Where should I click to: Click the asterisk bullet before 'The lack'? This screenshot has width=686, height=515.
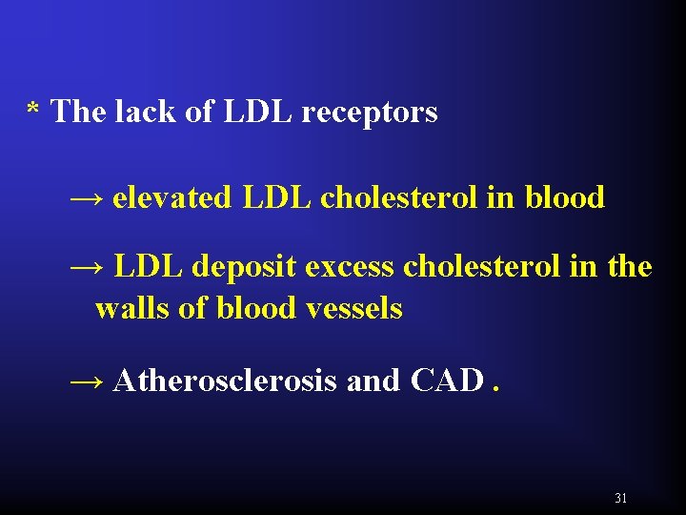pos(32,111)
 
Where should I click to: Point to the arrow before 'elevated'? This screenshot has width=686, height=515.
pos(88,198)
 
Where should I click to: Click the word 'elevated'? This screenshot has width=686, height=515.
pos(171,198)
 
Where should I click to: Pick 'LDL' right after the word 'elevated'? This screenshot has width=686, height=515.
pos(278,198)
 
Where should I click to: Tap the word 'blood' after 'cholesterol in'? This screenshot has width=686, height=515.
pos(565,198)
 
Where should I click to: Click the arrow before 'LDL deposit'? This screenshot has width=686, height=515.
pos(88,267)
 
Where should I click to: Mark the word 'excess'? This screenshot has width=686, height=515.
pos(350,268)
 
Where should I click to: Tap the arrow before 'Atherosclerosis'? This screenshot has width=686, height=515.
pos(88,381)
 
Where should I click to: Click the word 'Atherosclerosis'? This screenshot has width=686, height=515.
pos(225,381)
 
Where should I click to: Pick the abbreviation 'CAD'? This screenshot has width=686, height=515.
pos(448,381)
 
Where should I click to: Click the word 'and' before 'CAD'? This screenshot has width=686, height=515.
pos(373,381)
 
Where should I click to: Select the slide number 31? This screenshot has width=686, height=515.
pos(621,498)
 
